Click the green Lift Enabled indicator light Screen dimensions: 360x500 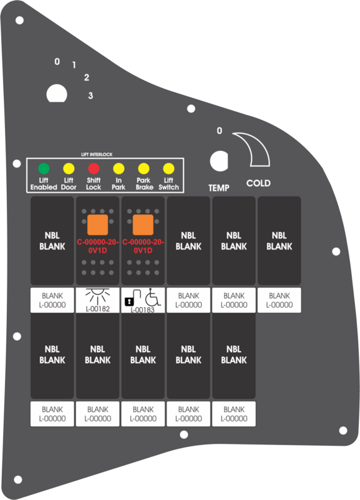[44, 169]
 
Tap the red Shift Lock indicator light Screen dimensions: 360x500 [94, 169]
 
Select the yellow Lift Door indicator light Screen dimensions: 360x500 [69, 169]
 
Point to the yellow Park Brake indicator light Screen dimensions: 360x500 [144, 169]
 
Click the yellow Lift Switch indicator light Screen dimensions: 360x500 [168, 169]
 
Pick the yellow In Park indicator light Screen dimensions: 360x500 [119, 169]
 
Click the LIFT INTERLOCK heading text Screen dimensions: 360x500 [97, 155]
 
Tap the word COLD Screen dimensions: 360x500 [258, 184]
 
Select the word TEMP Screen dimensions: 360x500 [219, 188]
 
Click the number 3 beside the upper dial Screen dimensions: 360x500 [90, 96]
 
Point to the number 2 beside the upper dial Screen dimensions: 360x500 [86, 77]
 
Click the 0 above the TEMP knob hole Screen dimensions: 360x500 [220, 130]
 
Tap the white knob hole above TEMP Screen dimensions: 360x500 [219, 160]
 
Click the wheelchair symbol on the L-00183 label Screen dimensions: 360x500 [153, 298]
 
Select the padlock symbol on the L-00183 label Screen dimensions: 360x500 [129, 301]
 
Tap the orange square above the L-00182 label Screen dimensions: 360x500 [97, 225]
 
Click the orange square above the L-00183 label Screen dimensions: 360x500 [143, 225]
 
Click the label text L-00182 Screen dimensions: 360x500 [98, 308]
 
